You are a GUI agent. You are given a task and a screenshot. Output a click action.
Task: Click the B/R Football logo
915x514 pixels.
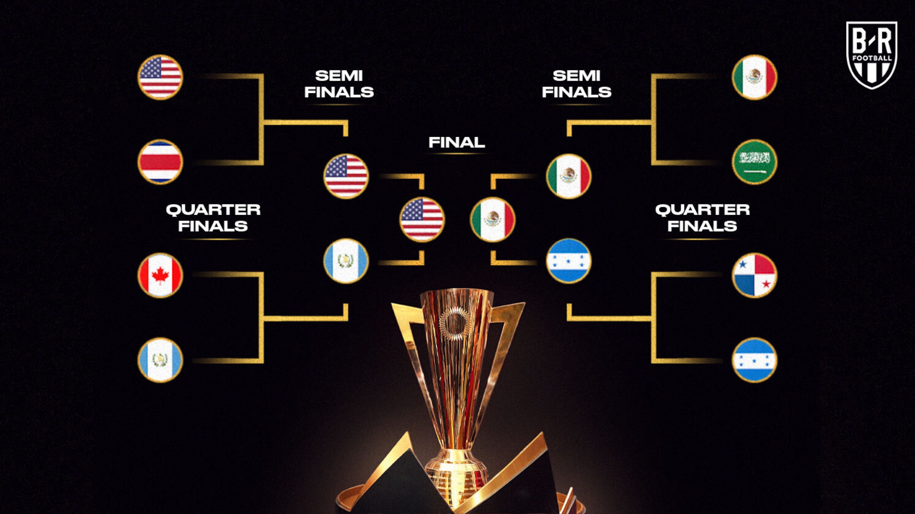click(871, 55)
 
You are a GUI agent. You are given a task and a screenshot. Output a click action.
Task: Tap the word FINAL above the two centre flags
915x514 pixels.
click(457, 143)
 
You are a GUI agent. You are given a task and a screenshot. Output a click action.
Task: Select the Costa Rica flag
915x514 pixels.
click(160, 162)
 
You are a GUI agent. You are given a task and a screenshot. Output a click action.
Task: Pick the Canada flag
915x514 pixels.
click(160, 275)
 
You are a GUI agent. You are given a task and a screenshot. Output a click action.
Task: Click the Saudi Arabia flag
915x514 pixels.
click(755, 162)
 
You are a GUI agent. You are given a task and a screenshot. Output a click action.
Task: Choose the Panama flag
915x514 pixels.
click(755, 275)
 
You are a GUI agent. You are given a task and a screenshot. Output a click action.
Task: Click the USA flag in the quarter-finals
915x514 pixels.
click(160, 77)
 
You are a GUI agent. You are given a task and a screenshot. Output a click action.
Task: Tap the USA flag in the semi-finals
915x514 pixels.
click(346, 176)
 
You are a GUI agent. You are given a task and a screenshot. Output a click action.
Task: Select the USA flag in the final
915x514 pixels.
click(422, 219)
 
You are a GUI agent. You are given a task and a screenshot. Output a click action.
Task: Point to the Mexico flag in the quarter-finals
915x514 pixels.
click(755, 77)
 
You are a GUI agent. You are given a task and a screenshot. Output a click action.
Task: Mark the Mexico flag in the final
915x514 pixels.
click(493, 219)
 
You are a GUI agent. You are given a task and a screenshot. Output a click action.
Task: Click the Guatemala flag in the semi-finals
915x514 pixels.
click(346, 261)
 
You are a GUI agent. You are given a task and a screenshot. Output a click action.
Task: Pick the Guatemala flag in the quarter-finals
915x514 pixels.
click(160, 360)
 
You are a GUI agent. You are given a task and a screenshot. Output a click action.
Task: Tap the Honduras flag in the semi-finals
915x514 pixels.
click(569, 261)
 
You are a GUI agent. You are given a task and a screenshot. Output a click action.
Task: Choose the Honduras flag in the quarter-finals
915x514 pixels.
click(755, 360)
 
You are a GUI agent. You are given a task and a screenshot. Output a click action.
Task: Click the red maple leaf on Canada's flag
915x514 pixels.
click(160, 275)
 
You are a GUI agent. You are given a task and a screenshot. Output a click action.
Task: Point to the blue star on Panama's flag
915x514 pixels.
click(743, 265)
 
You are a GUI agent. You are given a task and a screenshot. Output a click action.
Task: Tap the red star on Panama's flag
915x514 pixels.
click(766, 284)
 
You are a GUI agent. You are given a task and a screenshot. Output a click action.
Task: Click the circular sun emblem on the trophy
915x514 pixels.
click(455, 324)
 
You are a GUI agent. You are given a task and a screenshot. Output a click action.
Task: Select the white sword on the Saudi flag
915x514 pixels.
click(755, 172)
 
